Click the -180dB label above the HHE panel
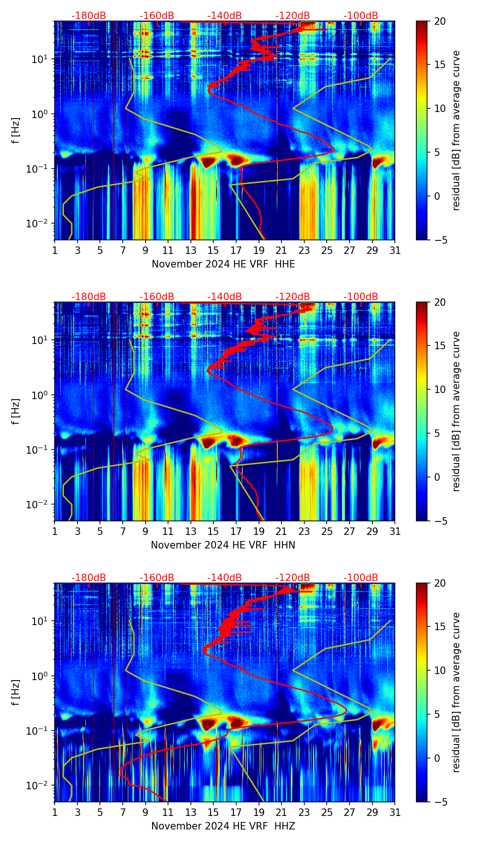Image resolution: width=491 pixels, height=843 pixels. click(89, 16)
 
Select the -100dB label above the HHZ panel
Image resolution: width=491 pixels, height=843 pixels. click(361, 578)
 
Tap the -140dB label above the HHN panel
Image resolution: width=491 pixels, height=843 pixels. click(224, 297)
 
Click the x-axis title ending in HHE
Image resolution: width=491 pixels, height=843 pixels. click(223, 264)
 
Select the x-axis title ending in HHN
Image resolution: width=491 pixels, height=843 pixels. click(223, 545)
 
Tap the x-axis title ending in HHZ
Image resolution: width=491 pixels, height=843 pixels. click(223, 826)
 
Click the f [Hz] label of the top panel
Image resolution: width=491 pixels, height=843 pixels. click(16, 130)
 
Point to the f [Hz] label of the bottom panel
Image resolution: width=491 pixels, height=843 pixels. click(16, 692)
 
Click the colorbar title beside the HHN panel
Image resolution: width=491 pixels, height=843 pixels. click(456, 411)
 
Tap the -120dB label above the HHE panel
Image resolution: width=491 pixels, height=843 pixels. click(293, 16)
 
